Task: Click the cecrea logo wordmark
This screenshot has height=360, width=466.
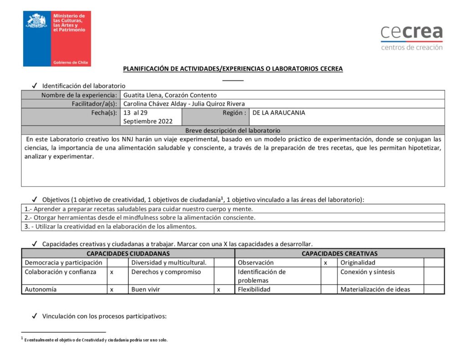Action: pos(411,32)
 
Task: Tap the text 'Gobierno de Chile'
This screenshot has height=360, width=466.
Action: pos(71,62)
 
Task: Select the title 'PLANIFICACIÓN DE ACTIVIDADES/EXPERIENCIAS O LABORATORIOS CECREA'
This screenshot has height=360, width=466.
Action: pos(233,69)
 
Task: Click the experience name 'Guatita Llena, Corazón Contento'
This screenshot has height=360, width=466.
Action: pos(170,95)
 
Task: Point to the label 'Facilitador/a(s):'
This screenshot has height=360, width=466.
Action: pos(94,104)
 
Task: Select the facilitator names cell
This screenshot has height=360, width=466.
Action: pos(184,104)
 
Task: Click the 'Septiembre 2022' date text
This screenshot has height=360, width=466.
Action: pos(148,122)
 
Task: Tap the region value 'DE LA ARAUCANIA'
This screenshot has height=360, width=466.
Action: pos(279,113)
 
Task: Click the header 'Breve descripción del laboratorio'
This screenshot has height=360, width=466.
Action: pos(233,130)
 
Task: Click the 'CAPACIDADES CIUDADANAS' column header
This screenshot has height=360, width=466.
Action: pos(128,254)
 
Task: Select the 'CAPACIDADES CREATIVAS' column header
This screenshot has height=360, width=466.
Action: pos(339,254)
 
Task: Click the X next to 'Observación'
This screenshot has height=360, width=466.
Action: pos(325,263)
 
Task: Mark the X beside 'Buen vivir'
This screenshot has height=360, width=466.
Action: pos(218,289)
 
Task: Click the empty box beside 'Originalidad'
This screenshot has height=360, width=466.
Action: pos(434,263)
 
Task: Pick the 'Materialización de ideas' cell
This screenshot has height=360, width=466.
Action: pos(375,289)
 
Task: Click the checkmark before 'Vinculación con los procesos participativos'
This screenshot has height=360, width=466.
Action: pos(35,316)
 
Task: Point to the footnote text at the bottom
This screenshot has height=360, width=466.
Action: pos(96,340)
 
